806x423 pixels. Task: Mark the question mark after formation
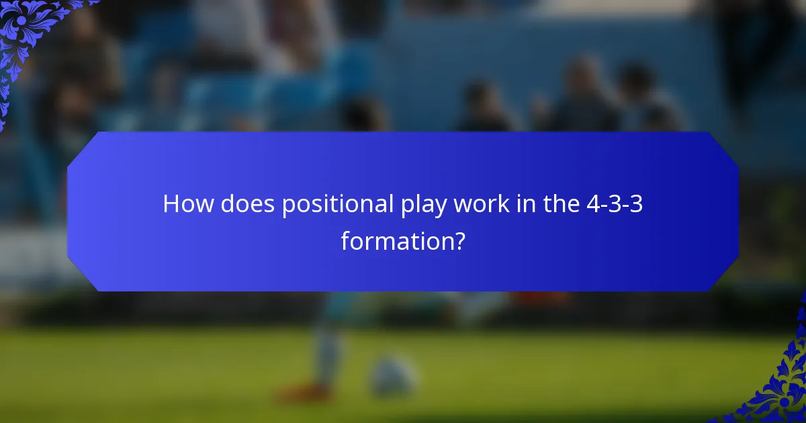[x=459, y=240]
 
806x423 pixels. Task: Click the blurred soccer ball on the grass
[x=393, y=376]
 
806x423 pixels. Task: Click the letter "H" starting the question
[x=171, y=204]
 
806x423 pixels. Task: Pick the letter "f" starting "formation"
[x=345, y=240]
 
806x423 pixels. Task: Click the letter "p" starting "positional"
[x=287, y=207]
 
